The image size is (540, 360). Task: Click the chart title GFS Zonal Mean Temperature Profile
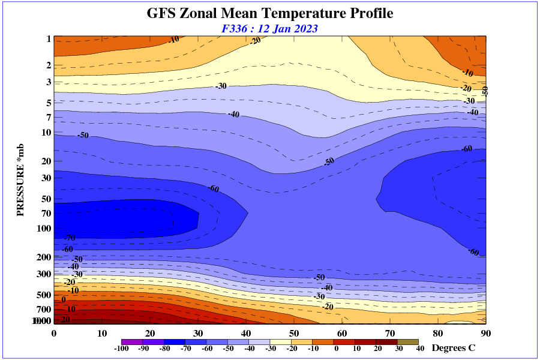[x=270, y=13]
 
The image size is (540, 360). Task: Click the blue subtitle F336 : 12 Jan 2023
[x=270, y=28]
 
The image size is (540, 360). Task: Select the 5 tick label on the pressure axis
[x=49, y=103]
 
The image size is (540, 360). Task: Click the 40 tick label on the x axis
[x=246, y=334]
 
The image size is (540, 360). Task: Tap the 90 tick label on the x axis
[x=486, y=334]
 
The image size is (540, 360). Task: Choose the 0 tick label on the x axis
[x=54, y=334]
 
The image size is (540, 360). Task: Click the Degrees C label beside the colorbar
[x=454, y=348]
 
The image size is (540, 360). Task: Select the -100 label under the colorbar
[x=121, y=349]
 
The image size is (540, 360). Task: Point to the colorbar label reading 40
[x=420, y=349]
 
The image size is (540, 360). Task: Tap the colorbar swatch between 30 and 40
[x=409, y=342]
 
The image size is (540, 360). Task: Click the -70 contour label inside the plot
[x=69, y=238]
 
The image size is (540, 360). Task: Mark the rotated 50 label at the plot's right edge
[x=485, y=91]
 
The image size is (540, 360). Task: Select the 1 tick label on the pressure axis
[x=49, y=39]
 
